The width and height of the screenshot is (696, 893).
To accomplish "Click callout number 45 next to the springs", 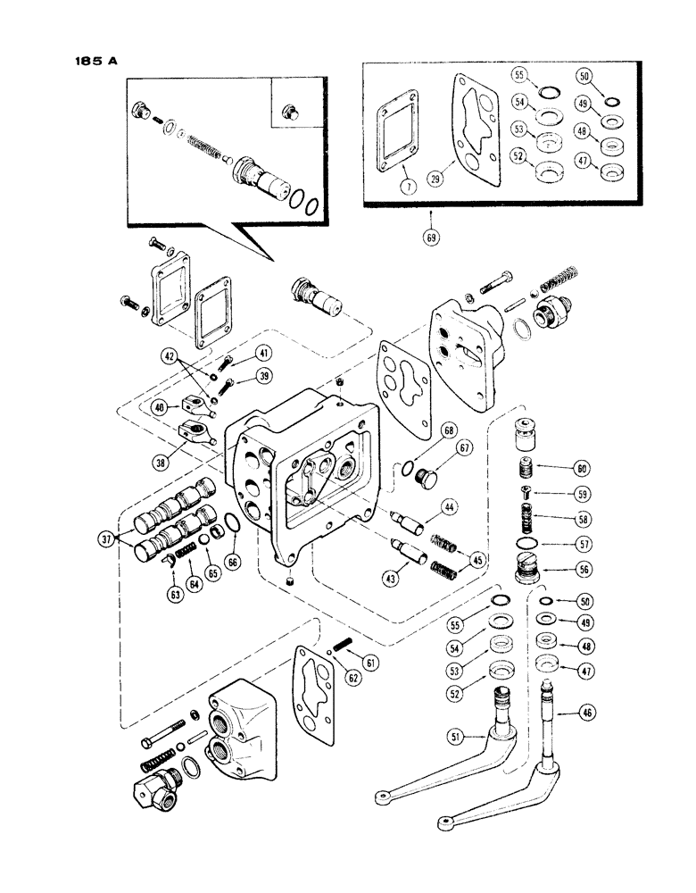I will coord(480,559).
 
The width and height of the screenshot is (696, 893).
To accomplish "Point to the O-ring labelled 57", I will coord(530,542).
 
